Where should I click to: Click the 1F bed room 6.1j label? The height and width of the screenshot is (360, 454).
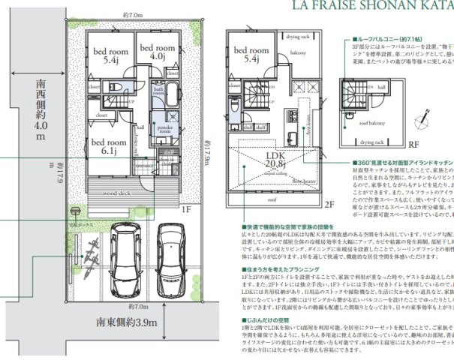click(104, 145)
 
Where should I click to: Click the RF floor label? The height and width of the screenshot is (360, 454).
click(413, 148)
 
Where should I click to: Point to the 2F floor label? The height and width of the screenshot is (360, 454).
click(328, 204)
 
